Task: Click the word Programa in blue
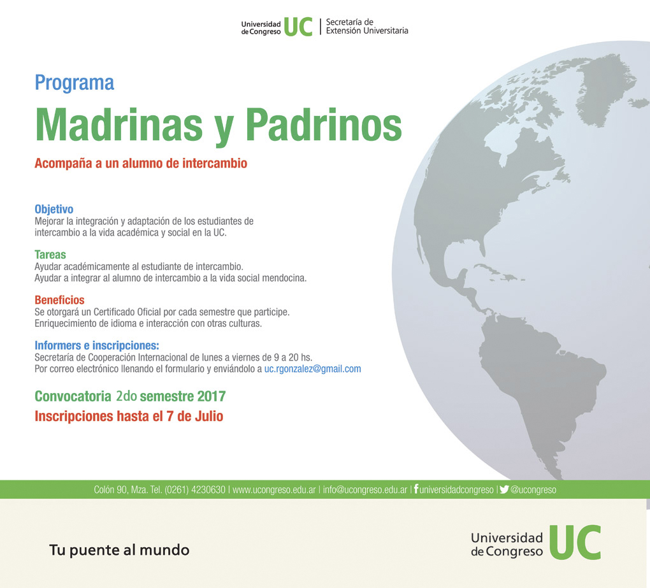(74, 83)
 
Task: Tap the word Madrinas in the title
(119, 125)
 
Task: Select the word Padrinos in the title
(324, 125)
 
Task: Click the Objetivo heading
(54, 209)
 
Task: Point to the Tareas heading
(50, 254)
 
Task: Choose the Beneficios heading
(59, 300)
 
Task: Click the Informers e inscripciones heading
(97, 345)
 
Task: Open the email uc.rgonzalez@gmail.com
(312, 369)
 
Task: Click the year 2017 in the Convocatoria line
(212, 396)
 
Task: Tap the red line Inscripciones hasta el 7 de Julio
(129, 416)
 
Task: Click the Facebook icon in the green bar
(416, 489)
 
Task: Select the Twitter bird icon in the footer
(504, 489)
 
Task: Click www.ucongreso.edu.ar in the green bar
(274, 490)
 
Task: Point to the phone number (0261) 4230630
(195, 490)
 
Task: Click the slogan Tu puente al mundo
(119, 550)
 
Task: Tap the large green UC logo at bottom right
(575, 542)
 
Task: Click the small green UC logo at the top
(298, 27)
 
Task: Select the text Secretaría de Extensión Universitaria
(367, 26)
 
